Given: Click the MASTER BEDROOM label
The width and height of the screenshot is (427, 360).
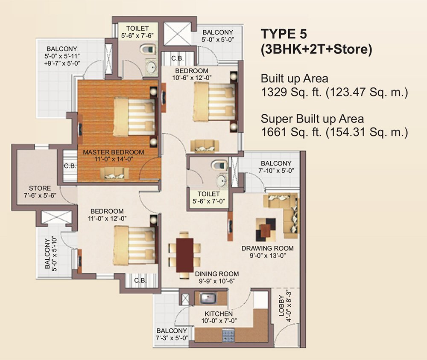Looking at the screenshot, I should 113,152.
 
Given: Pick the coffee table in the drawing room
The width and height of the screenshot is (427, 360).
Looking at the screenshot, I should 266,228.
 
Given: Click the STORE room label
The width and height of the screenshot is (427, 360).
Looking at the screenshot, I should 40,188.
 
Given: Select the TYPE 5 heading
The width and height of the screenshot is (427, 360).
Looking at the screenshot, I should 286,34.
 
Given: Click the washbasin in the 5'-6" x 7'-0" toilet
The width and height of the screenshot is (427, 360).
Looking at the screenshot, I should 221,182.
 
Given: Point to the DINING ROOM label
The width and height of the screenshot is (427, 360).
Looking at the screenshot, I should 216,274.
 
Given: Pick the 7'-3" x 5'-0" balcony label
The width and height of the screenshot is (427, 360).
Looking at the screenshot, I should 172,334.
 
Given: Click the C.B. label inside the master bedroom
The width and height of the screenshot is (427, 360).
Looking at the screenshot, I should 70,166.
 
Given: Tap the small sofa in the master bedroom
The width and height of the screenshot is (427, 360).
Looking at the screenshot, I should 114,172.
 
